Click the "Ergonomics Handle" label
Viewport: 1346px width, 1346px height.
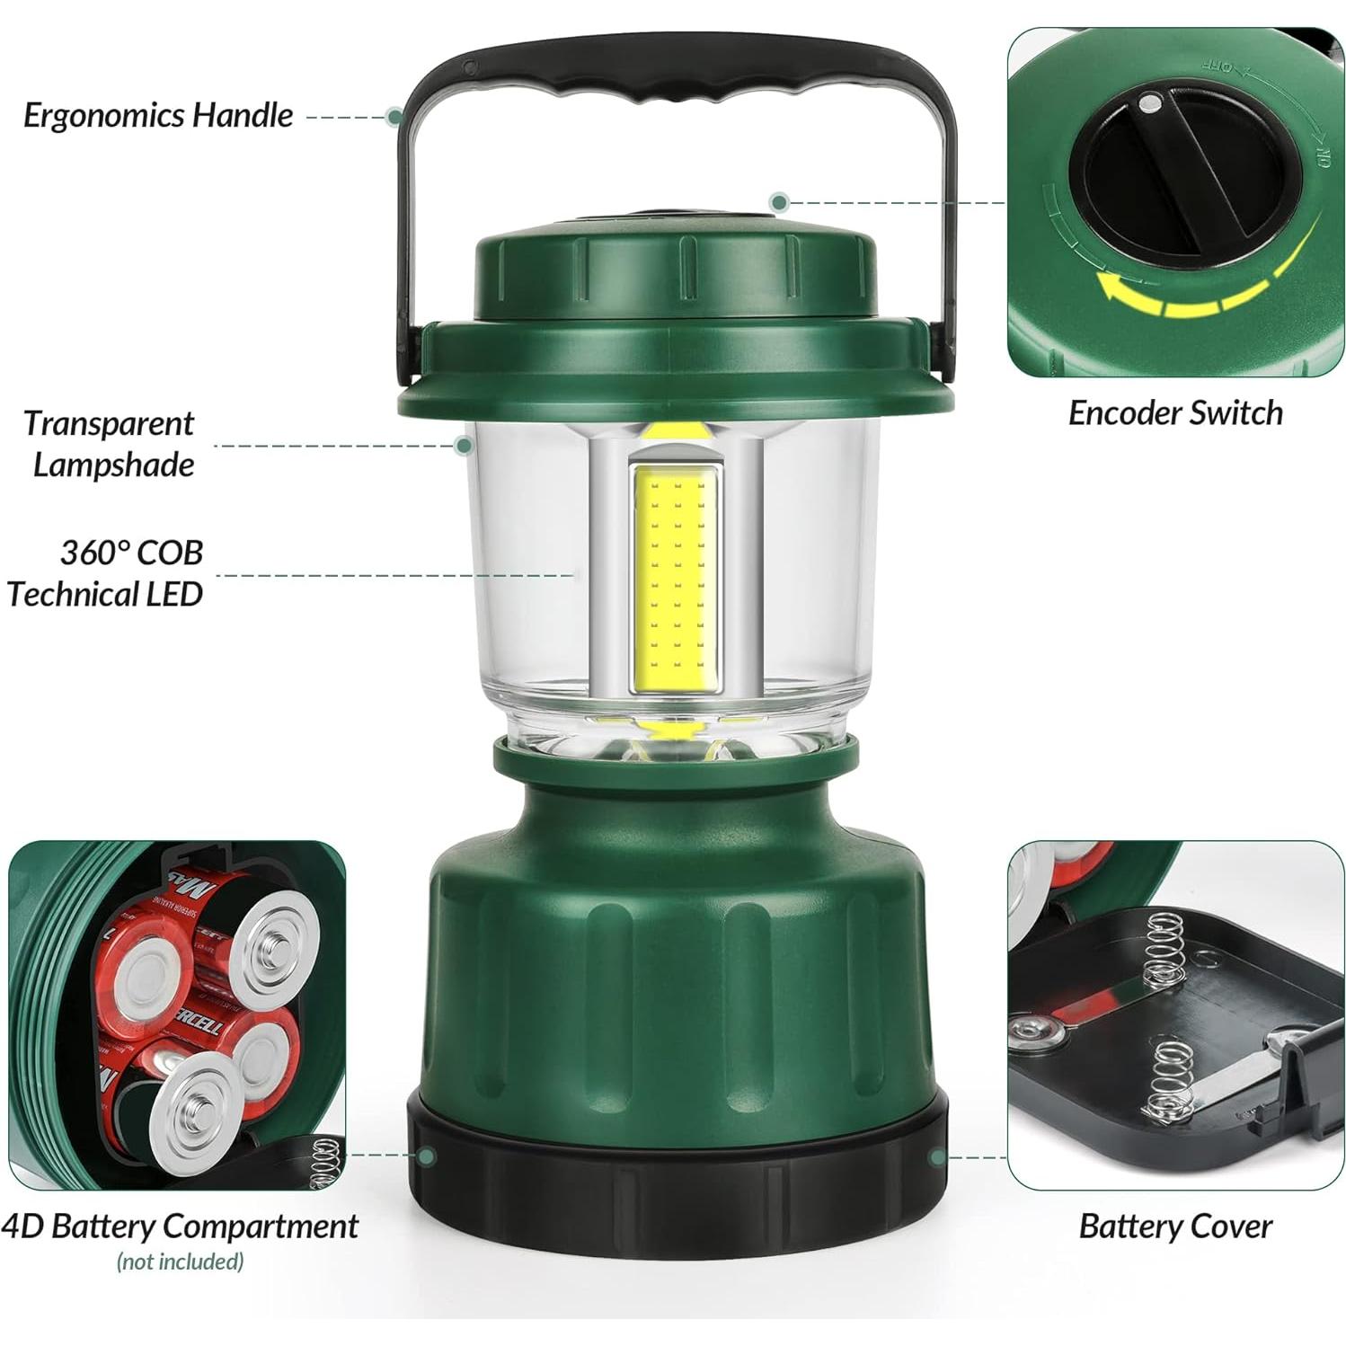pos(158,115)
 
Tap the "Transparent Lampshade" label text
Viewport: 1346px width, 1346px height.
pos(110,444)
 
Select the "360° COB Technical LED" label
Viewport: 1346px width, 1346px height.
pos(106,573)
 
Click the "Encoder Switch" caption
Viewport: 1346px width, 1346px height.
pos(1174,413)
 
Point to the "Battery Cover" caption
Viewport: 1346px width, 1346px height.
pos(1174,1226)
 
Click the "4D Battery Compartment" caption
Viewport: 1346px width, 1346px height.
pos(180,1226)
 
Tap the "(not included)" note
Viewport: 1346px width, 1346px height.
pos(180,1262)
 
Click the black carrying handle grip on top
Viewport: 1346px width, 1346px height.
pos(679,75)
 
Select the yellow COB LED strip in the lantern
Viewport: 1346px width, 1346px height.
pos(677,581)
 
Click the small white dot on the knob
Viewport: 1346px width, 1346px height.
pos(1149,104)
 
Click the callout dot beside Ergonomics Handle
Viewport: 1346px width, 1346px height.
pos(394,116)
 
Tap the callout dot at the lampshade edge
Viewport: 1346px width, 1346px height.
pos(465,445)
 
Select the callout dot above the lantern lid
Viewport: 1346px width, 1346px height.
pos(779,202)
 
